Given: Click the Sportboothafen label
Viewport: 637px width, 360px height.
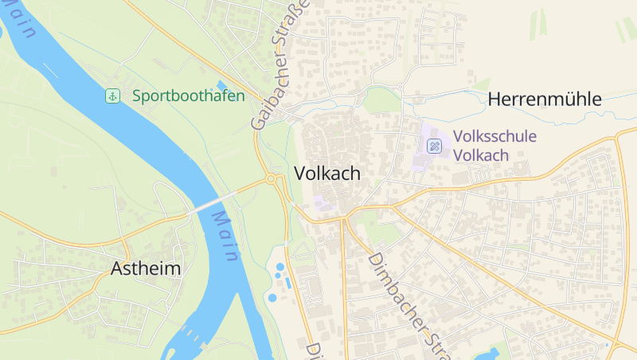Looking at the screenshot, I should tap(188, 96).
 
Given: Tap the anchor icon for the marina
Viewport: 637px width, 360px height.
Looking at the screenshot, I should tap(113, 96).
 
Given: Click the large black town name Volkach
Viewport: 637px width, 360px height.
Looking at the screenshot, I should tap(327, 173).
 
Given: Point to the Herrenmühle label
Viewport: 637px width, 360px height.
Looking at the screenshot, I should tap(545, 100).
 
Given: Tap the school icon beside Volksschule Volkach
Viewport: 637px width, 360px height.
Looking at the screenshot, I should tap(434, 146).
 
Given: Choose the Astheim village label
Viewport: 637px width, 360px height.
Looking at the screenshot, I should tap(146, 268).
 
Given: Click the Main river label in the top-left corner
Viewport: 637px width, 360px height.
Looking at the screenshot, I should tap(20, 20).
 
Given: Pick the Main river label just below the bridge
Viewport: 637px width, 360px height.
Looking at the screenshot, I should tap(226, 237).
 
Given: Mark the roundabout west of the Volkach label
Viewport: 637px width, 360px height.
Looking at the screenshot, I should tap(272, 180).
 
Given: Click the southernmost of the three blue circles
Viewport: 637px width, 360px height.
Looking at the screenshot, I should tap(272, 298).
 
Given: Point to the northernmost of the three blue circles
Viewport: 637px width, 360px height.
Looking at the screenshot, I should tap(279, 267).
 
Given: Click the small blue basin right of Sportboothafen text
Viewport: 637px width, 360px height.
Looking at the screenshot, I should tap(221, 85).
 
